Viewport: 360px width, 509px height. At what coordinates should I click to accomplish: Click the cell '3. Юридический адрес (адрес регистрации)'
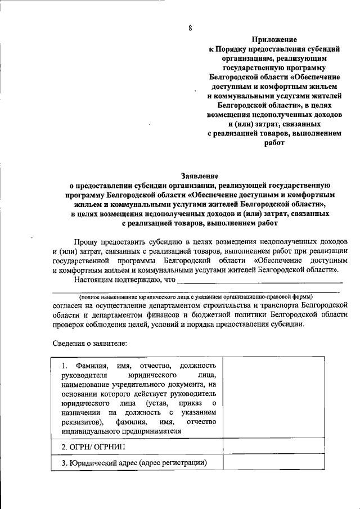tap(134, 463)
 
